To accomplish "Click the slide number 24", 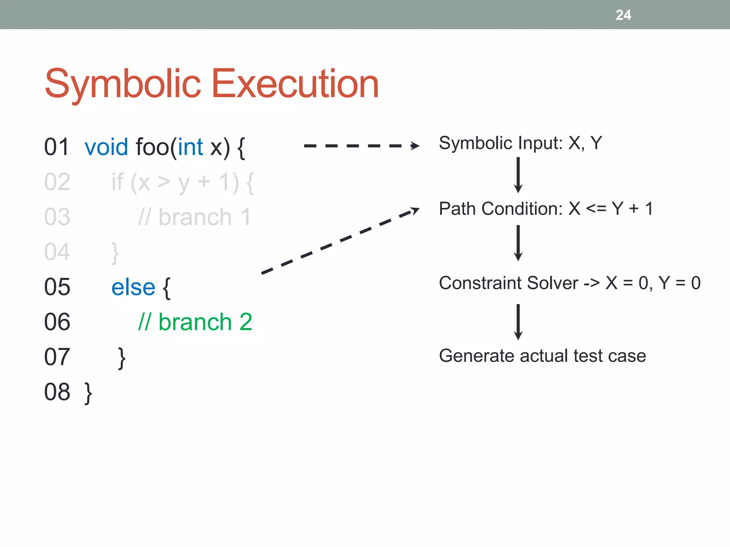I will pos(623,15).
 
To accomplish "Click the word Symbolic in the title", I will pos(123,84).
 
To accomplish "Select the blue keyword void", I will pos(106,147).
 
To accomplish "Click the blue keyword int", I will pos(190,147).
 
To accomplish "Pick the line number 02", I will pos(57,182).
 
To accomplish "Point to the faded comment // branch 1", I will pos(195,217).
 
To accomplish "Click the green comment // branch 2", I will pos(195,322).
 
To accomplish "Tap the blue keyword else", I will pos(133,287).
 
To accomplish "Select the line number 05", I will pos(57,287).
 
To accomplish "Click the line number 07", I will pos(57,357).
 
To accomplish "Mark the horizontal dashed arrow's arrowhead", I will pos(415,146).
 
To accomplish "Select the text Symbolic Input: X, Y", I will pos(520,143).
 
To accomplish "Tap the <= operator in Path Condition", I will pos(596,208).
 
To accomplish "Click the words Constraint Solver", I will pos(508,283).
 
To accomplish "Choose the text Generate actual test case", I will pos(542,356).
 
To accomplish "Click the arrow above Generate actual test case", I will pos(518,322).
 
